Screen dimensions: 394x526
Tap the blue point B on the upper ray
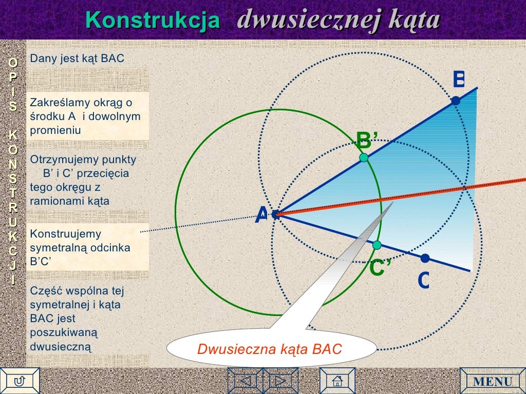(456, 101)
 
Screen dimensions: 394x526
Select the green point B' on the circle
(364, 157)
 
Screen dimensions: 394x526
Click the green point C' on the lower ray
(377, 245)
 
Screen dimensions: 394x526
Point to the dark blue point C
(425, 258)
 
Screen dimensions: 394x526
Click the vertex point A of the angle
(276, 214)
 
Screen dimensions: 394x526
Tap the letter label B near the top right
(458, 80)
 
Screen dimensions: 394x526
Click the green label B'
(367, 139)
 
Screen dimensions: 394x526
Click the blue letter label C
(423, 280)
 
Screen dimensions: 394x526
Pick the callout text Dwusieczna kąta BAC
(270, 350)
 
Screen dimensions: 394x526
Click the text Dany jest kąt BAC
(77, 58)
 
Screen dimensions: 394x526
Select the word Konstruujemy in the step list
(59, 234)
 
